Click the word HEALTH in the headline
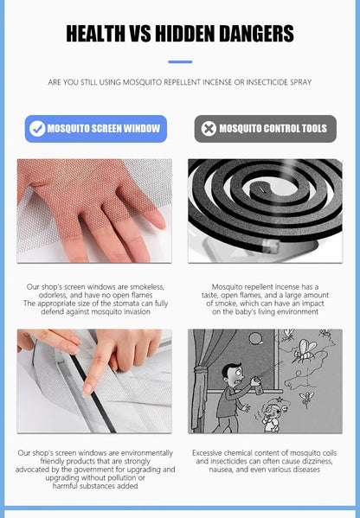96,34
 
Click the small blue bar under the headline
180,61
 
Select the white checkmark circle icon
37,129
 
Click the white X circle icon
209,129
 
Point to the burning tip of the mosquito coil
271,246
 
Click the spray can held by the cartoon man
256,385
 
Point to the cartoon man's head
233,374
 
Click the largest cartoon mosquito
305,351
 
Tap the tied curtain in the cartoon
200,380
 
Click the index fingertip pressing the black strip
87,390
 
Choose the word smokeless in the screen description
147,287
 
